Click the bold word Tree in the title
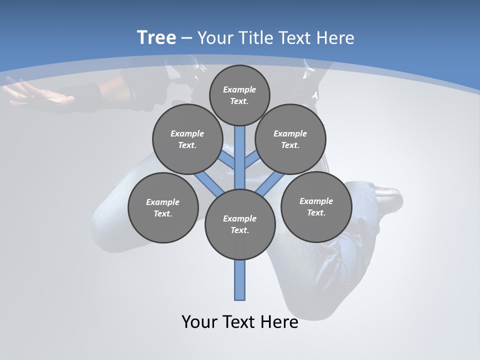click(156, 37)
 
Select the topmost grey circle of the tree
click(239, 95)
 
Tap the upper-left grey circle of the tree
click(187, 139)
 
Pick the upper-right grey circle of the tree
click(290, 139)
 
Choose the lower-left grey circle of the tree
click(163, 207)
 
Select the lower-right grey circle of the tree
click(316, 206)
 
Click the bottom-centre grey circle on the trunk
click(240, 224)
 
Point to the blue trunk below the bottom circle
click(240, 280)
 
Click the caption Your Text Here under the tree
click(240, 322)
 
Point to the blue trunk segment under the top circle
click(240, 150)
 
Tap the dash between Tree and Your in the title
click(187, 38)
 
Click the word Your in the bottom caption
click(200, 322)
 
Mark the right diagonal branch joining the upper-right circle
click(251, 161)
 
